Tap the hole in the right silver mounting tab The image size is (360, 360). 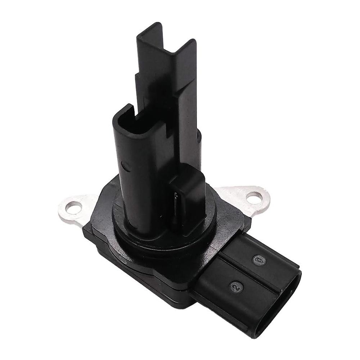[x=255, y=197]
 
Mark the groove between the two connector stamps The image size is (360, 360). [x=248, y=273]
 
